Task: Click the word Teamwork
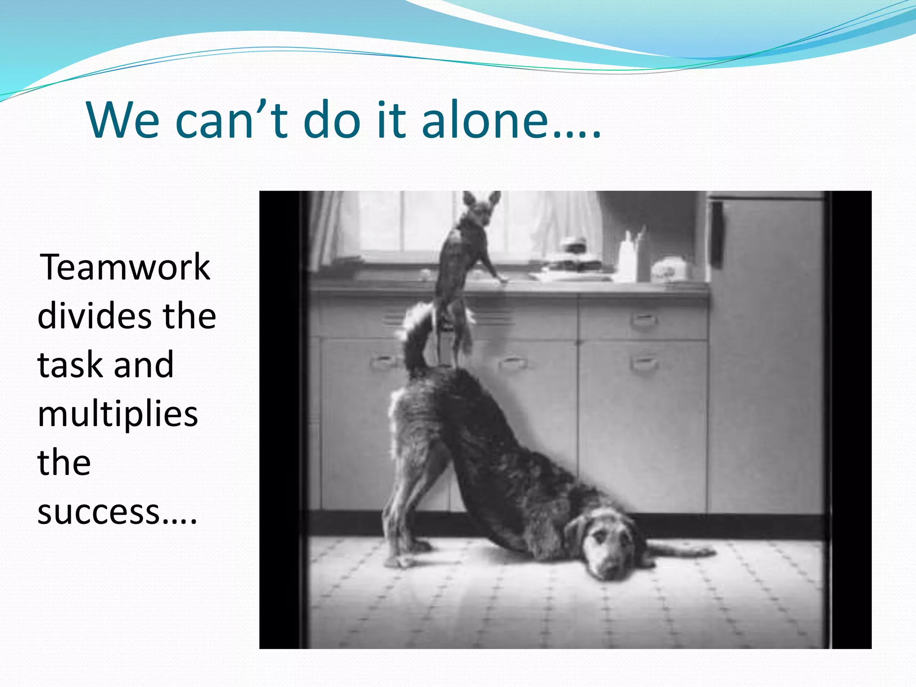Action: pyautogui.click(x=125, y=267)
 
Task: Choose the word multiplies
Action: pyautogui.click(x=118, y=414)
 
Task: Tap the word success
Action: pyautogui.click(x=98, y=512)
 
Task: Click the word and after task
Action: pyautogui.click(x=144, y=365)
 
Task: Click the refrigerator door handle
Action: pyautogui.click(x=717, y=235)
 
